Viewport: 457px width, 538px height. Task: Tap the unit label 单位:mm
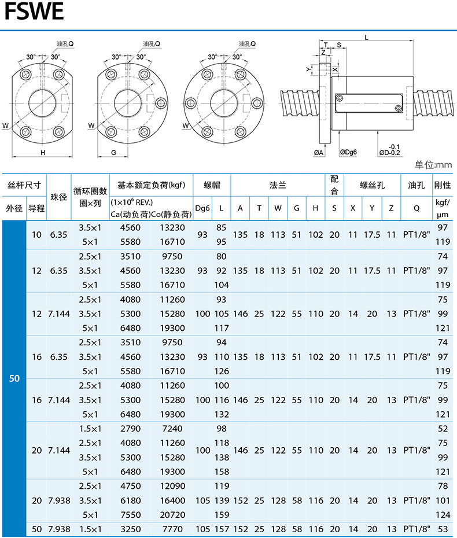tap(433, 165)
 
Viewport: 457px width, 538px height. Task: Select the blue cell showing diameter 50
tap(14, 378)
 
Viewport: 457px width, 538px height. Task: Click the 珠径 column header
tap(60, 196)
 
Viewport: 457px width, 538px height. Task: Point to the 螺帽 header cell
tap(211, 185)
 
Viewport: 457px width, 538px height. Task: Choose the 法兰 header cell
tap(277, 185)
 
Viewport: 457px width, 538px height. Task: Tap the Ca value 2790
tap(130, 429)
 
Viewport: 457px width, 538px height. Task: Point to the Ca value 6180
tap(130, 500)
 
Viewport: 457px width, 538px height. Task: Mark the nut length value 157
tap(222, 529)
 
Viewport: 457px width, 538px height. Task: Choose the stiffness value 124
tap(443, 514)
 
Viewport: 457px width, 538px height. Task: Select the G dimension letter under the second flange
tap(113, 153)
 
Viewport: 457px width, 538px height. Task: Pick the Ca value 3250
tap(130, 529)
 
